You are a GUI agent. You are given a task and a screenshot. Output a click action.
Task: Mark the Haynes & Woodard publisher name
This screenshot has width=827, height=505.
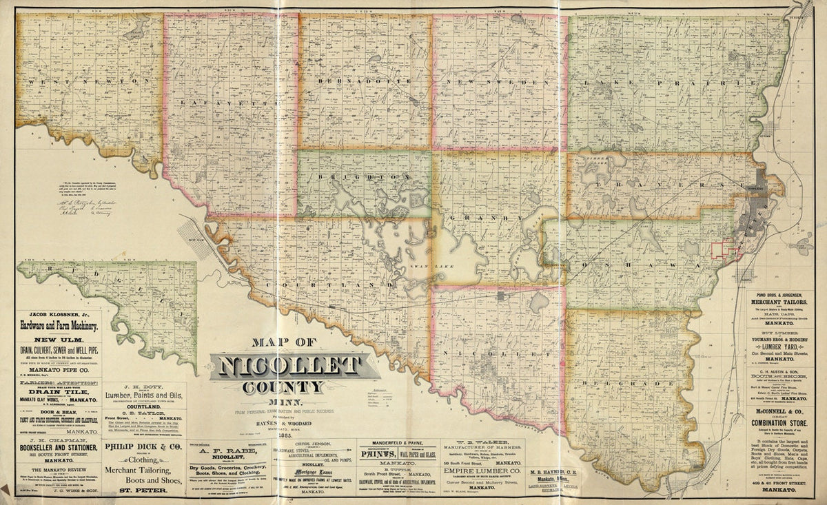tap(283, 420)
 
